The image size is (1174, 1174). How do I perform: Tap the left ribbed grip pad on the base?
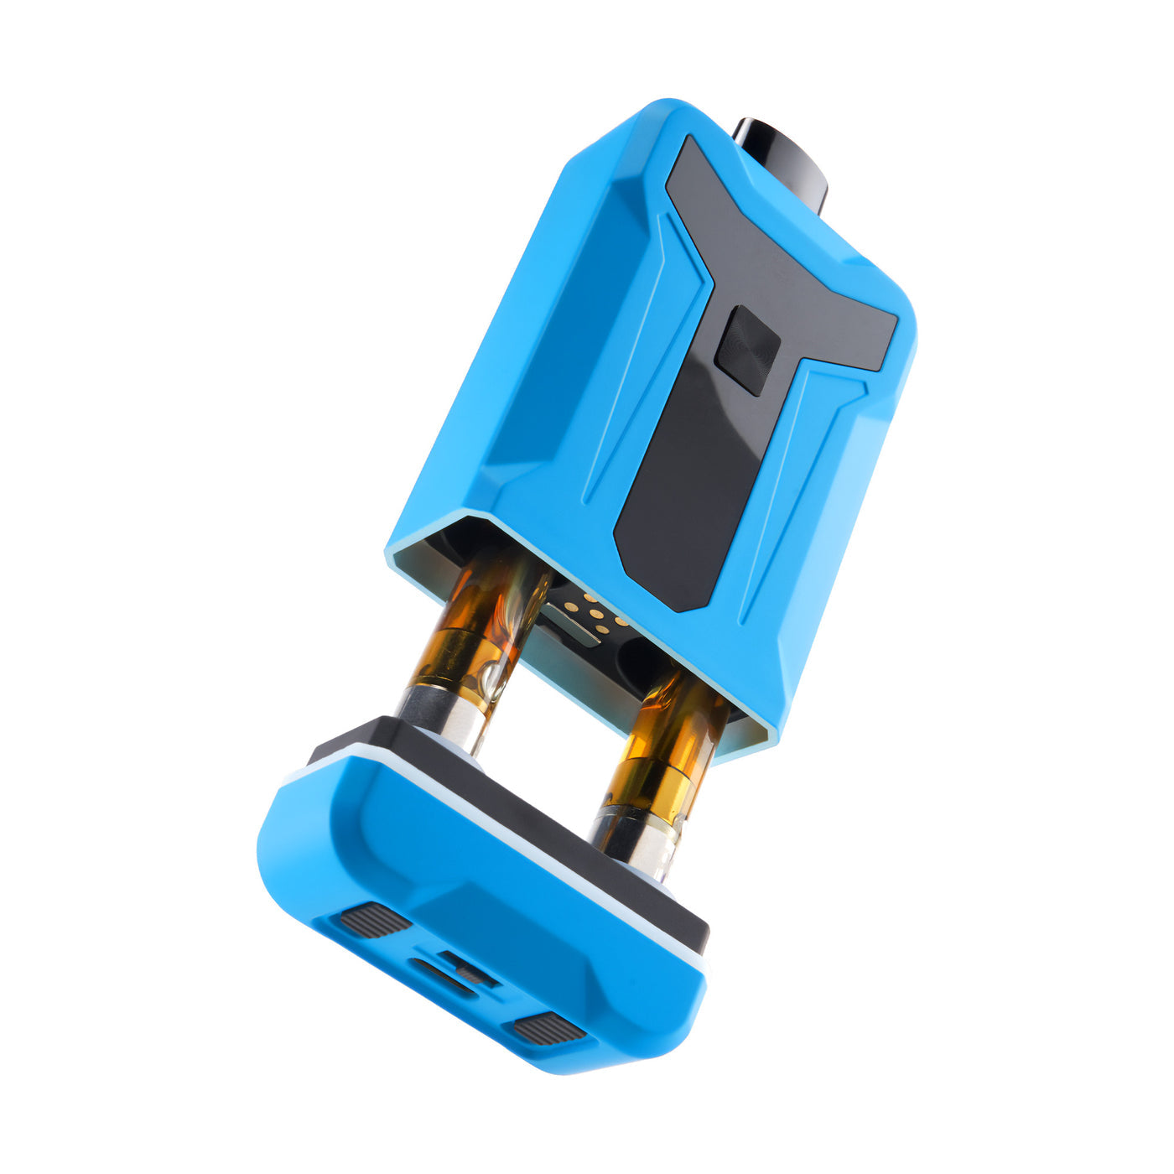point(374,920)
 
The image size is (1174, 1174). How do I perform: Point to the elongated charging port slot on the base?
point(440,977)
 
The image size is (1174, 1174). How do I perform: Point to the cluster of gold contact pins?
point(597,616)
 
